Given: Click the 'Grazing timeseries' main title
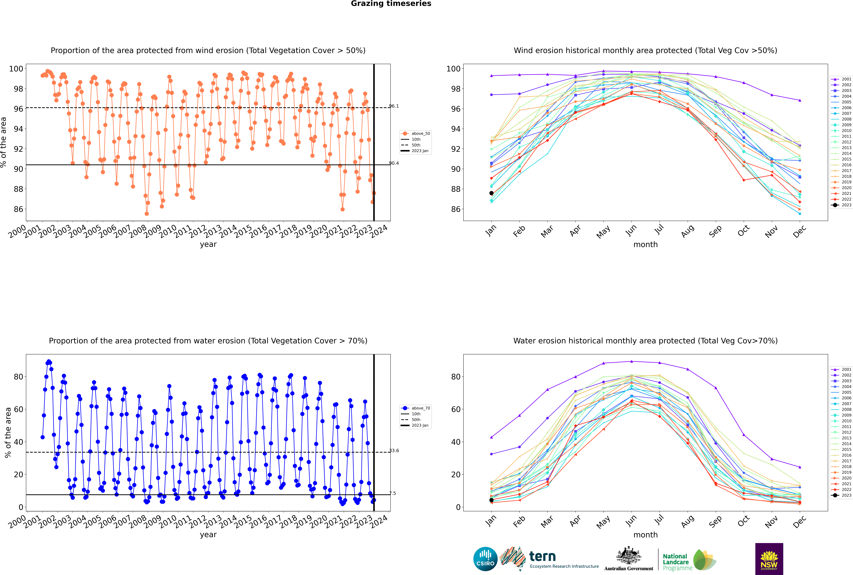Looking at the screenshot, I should click(x=391, y=4).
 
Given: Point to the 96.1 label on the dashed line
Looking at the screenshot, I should click(x=394, y=106).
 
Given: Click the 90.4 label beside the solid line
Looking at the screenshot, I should click(x=394, y=163).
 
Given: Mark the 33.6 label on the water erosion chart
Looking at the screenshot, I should click(x=394, y=451).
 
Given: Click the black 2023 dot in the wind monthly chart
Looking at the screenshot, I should click(x=491, y=193).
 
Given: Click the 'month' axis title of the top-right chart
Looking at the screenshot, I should click(x=645, y=245).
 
